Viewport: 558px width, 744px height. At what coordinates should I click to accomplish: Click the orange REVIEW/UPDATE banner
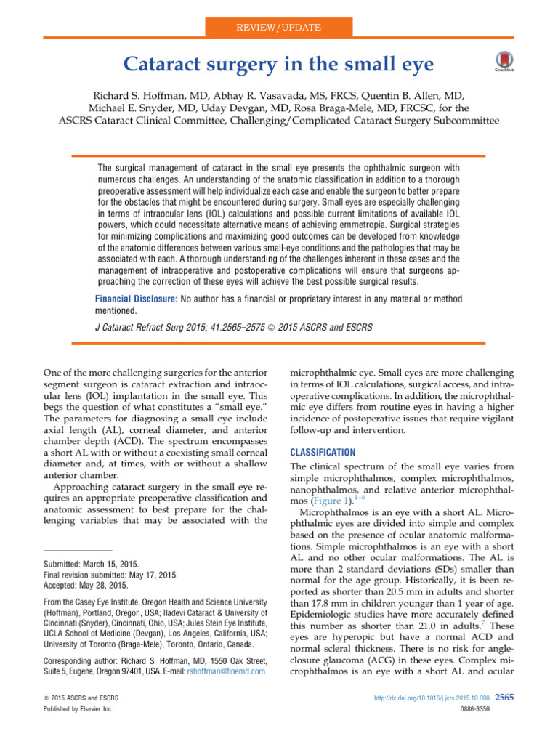point(279,28)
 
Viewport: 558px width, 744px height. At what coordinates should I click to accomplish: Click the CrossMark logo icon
point(501,62)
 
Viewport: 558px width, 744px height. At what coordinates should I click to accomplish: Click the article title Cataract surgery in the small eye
point(279,66)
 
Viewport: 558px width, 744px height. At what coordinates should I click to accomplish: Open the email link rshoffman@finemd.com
point(227,692)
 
